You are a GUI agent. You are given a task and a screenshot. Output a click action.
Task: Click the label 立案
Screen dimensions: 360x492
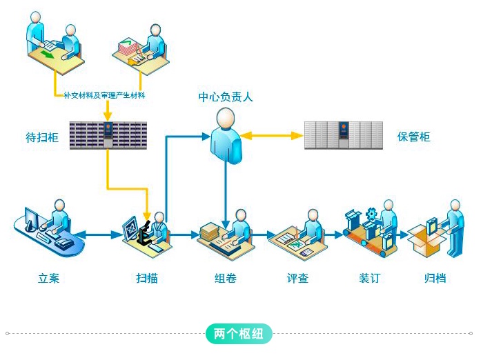pos(49,279)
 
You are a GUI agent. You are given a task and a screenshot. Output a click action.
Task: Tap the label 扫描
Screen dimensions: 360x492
pos(147,279)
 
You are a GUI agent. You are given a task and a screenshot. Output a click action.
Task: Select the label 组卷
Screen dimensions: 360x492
pos(225,279)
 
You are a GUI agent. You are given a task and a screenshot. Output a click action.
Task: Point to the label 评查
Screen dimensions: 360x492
pos(297,279)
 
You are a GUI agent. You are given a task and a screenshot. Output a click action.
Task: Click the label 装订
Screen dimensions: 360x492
pos(369,279)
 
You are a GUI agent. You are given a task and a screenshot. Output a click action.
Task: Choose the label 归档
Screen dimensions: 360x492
pos(435,279)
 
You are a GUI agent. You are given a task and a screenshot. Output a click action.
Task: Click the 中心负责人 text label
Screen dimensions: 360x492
pos(226,97)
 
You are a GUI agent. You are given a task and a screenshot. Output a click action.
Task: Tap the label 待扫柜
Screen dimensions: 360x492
pos(42,137)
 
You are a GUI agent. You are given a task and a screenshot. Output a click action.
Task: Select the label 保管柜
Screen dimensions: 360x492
pos(413,137)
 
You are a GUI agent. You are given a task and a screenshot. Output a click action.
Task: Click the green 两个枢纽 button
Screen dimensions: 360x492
pos(239,334)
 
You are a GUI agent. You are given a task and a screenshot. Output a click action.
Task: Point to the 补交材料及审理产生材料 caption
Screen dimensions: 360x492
pos(103,95)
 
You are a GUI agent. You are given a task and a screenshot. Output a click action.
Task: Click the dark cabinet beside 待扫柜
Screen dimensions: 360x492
pos(108,135)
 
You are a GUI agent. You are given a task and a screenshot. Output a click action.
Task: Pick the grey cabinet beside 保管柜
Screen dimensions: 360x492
pos(343,135)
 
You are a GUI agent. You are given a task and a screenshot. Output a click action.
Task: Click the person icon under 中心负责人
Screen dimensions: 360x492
pos(226,136)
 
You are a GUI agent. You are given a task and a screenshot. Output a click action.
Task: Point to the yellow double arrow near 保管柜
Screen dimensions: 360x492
pos(273,136)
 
